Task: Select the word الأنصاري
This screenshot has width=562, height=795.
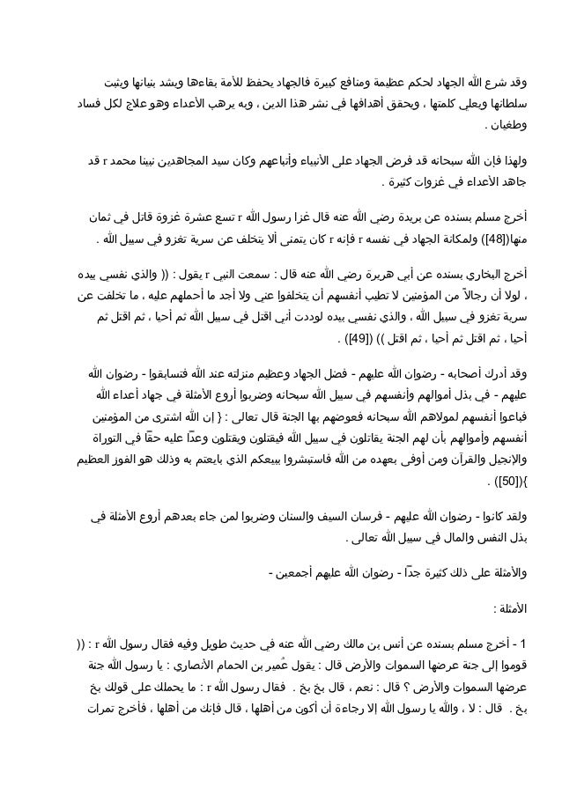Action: coord(268,659)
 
